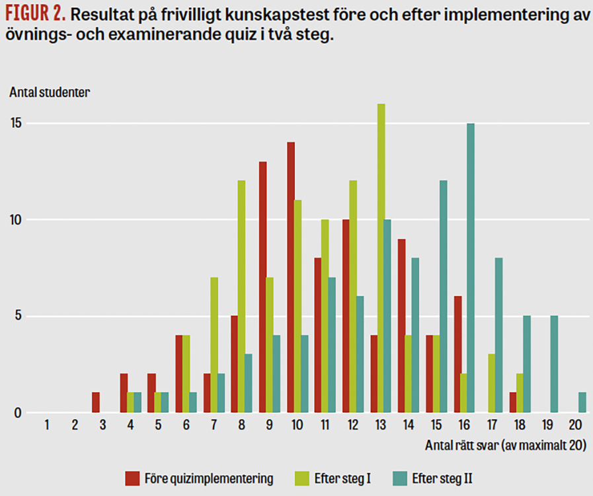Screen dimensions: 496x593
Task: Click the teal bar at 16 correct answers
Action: tap(471, 268)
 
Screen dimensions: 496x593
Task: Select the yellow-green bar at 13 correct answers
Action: tap(381, 258)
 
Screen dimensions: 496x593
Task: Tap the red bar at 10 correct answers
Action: tap(290, 277)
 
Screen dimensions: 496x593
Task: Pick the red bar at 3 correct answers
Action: tap(95, 403)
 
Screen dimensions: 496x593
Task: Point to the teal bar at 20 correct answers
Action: tap(582, 403)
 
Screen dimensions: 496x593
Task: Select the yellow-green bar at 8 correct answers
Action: tap(241, 297)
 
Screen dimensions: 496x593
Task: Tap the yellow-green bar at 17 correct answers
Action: tap(492, 384)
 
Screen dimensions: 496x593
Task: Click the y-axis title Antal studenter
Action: tap(50, 92)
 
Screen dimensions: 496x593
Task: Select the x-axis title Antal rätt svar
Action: tap(505, 445)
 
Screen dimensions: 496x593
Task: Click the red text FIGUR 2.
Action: tap(36, 15)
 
